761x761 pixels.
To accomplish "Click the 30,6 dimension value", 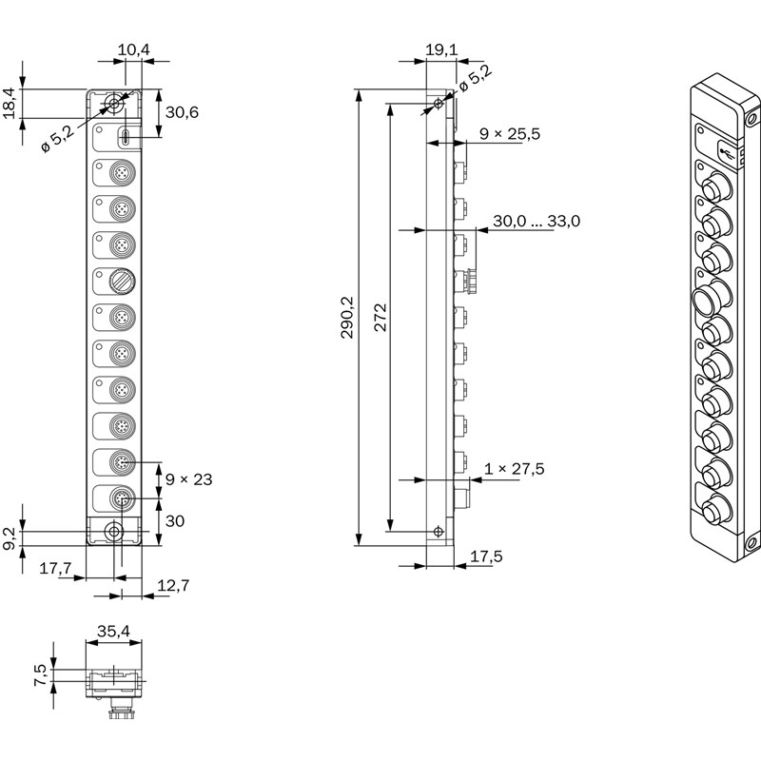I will (x=182, y=111).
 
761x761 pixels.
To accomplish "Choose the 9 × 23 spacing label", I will (x=188, y=478).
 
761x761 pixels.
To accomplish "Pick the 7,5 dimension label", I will (x=39, y=674).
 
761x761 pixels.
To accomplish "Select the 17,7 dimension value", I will (x=55, y=569).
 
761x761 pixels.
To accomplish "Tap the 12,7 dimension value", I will (x=171, y=586).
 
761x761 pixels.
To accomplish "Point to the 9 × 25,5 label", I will (x=510, y=134).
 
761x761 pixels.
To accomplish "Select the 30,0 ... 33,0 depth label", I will (x=536, y=221).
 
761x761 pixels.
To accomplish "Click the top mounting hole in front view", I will (x=114, y=102).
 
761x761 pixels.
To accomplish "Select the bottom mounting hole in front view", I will (x=114, y=532).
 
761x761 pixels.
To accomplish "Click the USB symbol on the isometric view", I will (x=728, y=149).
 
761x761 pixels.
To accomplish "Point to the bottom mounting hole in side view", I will (x=438, y=531).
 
